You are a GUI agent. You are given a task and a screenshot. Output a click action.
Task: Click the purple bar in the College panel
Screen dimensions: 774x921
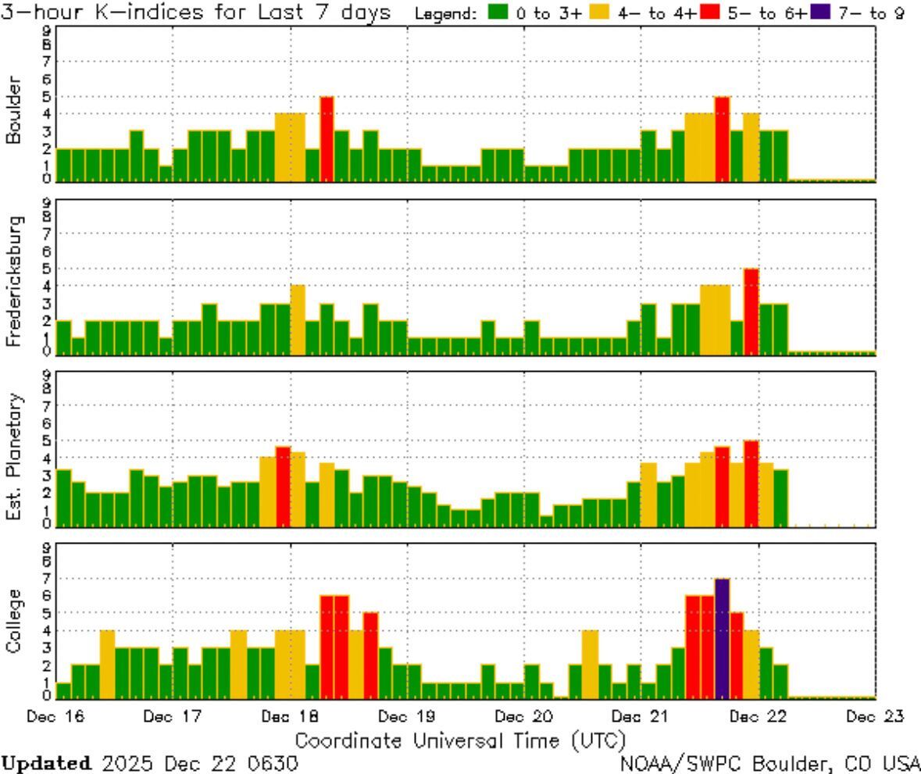click(722, 638)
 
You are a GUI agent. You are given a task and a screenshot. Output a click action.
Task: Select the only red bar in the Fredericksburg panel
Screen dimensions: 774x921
click(751, 311)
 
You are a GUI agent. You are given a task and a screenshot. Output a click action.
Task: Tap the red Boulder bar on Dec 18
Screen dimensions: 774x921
click(327, 139)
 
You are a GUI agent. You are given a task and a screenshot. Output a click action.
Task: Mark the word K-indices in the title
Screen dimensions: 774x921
click(117, 13)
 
